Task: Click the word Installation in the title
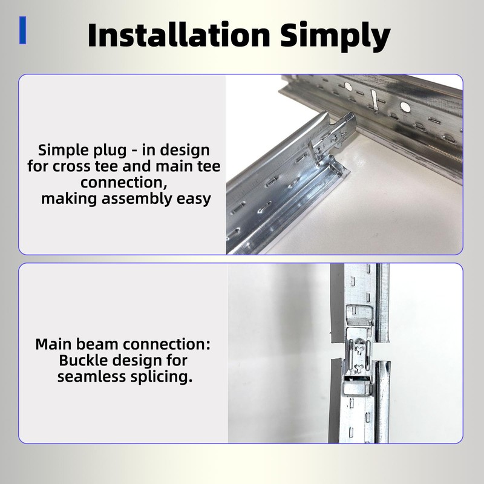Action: point(180,36)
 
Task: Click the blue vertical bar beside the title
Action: point(23,30)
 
